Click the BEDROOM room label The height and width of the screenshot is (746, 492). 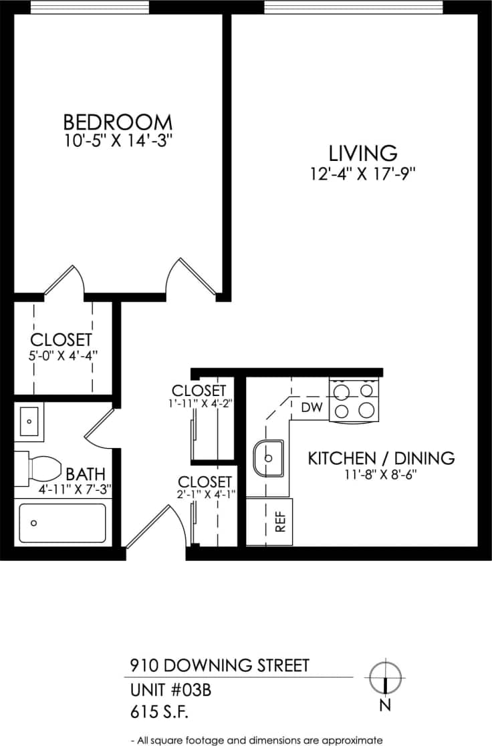118,122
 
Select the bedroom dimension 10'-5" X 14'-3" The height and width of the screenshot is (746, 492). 118,141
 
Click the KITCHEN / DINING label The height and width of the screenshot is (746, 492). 381,458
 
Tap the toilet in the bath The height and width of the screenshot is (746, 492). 40,465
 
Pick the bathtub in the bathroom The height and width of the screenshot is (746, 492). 62,523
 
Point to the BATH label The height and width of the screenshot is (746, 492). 84,474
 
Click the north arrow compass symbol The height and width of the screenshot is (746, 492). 386,677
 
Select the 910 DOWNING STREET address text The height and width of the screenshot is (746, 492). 219,665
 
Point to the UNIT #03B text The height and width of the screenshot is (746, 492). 170,690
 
